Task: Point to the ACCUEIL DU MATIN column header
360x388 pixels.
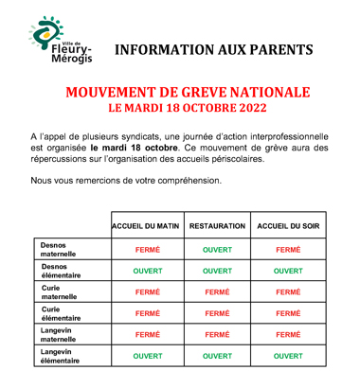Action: point(146,227)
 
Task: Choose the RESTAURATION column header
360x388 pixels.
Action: point(217,227)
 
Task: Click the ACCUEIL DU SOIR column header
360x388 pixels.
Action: point(288,227)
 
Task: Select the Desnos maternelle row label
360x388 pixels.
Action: point(58,250)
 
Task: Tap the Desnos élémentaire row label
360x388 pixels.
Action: point(61,271)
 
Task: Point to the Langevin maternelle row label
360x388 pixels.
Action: point(58,335)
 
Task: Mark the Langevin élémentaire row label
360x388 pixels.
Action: point(61,357)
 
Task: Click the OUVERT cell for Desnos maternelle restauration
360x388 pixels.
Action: point(217,250)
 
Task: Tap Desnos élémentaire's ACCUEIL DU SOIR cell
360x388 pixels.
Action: point(288,271)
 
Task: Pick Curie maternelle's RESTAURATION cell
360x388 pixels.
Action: point(217,292)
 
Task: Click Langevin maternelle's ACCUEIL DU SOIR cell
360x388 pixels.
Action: point(288,335)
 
